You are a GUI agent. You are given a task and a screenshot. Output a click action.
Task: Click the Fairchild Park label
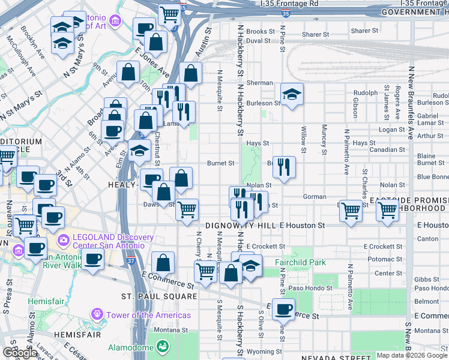click(x=300, y=262)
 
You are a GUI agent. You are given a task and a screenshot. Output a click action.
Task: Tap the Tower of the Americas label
click(x=148, y=315)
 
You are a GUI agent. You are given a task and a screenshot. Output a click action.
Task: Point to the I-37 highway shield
click(x=131, y=262)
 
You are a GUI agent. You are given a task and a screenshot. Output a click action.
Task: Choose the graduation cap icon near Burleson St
click(x=292, y=95)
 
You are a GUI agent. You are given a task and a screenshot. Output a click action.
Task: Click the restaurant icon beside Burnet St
click(x=284, y=168)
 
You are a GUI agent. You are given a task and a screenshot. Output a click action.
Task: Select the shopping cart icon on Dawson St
click(x=187, y=209)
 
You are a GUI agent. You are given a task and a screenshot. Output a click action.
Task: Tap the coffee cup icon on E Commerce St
click(x=283, y=309)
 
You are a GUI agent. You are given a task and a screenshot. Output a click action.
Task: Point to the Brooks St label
click(x=260, y=32)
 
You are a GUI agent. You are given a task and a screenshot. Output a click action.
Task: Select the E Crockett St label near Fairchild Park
click(x=264, y=247)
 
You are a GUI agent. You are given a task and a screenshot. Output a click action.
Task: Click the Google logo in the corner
click(x=20, y=353)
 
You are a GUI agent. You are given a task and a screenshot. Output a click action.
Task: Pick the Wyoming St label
click(x=264, y=352)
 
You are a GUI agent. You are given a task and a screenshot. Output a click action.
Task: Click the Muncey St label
click(x=324, y=139)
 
